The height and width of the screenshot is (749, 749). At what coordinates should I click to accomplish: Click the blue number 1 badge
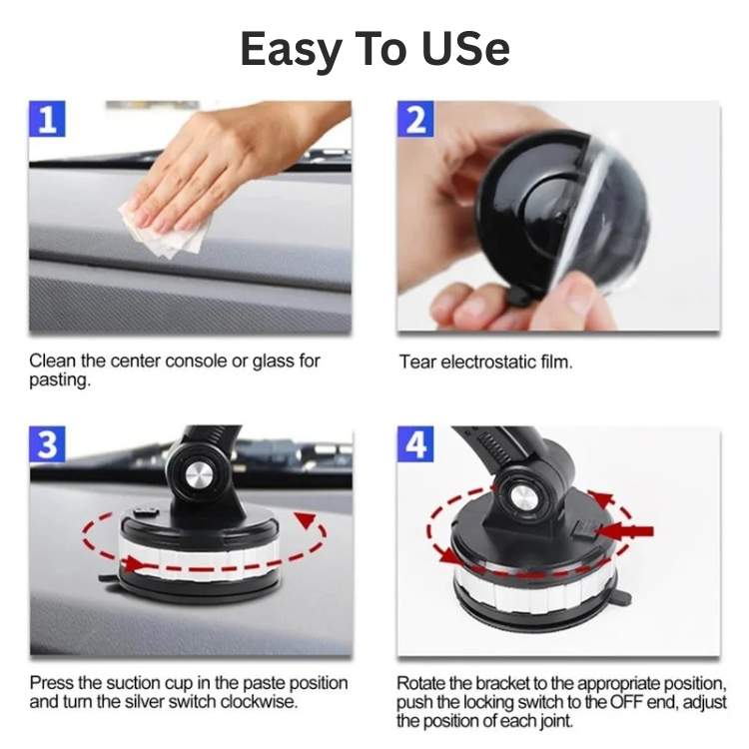48,120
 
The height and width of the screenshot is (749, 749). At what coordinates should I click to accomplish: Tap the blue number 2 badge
415,120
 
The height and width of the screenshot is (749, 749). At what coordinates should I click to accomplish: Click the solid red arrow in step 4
626,530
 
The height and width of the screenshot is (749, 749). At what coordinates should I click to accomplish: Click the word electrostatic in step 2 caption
487,362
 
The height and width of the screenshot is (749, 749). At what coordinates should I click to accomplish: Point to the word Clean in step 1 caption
51,361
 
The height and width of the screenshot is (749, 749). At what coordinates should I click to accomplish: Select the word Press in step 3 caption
51,683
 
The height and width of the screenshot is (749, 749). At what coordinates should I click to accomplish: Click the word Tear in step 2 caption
416,362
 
